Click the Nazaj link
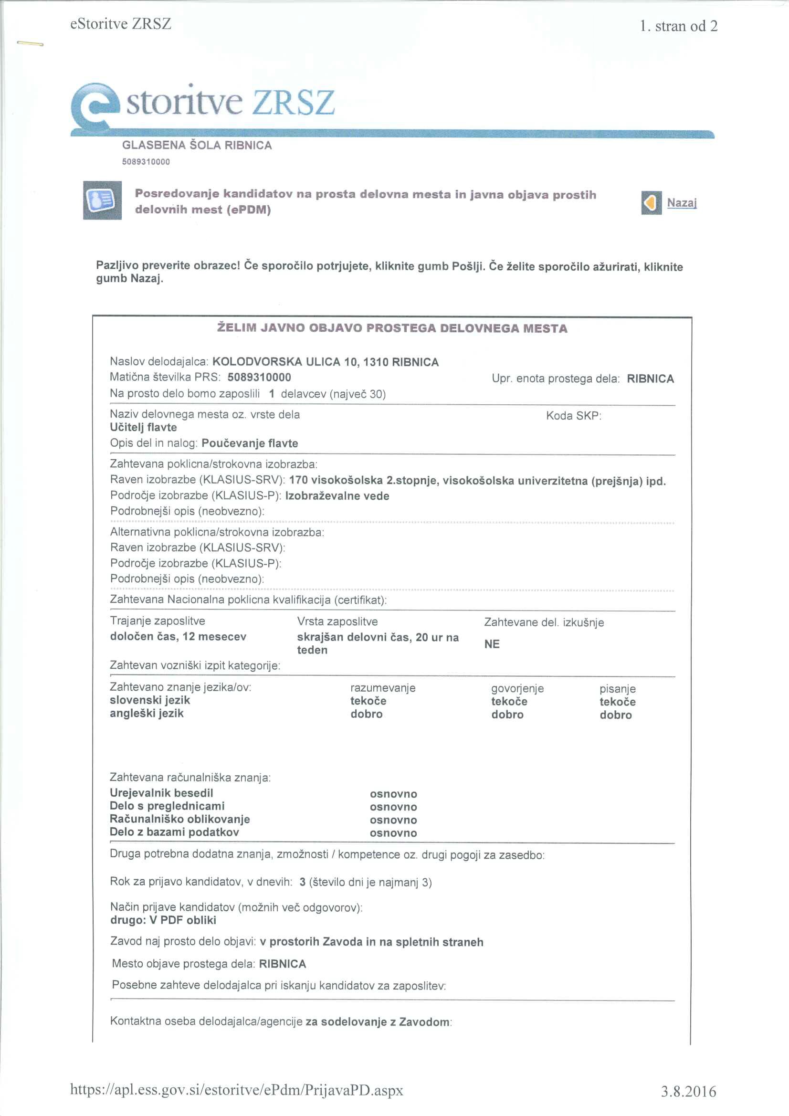[x=682, y=203]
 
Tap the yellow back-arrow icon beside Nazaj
[x=651, y=203]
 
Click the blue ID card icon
[x=102, y=200]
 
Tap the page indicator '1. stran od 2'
[x=679, y=26]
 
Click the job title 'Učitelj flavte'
[x=143, y=427]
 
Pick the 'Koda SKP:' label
[x=574, y=416]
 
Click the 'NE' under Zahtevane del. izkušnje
[x=492, y=644]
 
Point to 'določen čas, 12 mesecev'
[x=178, y=637]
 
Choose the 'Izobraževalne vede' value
[x=337, y=496]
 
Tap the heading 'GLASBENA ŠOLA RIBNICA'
[x=197, y=145]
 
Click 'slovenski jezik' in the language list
[x=150, y=700]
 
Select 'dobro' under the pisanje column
[x=615, y=715]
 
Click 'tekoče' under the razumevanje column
[x=368, y=701]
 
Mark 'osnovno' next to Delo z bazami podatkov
[x=393, y=833]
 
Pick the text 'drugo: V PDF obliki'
[x=163, y=920]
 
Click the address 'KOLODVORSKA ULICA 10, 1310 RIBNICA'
[x=326, y=362]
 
